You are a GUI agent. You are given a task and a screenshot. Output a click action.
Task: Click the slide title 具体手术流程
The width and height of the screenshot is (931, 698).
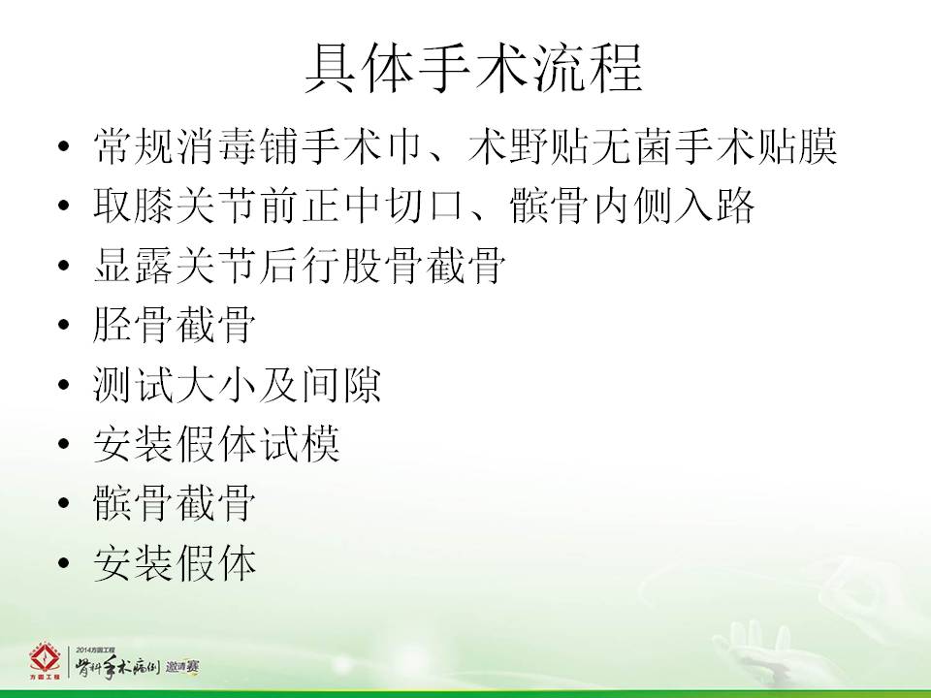[474, 69]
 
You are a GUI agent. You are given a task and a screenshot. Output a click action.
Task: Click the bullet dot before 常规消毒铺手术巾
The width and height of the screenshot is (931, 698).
[64, 146]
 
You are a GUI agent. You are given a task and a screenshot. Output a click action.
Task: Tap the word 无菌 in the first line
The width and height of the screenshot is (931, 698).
[633, 146]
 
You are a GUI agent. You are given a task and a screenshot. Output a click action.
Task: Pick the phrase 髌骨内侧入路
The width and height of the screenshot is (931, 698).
[632, 206]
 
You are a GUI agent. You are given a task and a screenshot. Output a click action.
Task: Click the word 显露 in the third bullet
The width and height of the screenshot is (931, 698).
[134, 266]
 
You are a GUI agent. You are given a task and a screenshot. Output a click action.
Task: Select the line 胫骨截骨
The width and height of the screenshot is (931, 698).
[175, 325]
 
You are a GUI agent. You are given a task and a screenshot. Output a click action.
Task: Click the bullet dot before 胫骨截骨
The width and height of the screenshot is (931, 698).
[64, 325]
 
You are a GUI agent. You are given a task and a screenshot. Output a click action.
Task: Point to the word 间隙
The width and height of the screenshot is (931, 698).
[340, 384]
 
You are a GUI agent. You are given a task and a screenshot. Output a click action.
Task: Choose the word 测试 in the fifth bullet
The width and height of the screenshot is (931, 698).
[134, 384]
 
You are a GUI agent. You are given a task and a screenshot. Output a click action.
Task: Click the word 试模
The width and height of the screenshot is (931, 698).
[301, 444]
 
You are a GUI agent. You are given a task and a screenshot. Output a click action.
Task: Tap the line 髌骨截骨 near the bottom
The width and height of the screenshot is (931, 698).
[175, 503]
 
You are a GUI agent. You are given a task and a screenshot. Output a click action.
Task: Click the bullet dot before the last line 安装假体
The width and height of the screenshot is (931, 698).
[64, 563]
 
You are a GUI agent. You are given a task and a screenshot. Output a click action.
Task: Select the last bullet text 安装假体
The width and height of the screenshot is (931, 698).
[175, 563]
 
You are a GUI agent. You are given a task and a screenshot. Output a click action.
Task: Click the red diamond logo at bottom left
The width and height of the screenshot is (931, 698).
[46, 660]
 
